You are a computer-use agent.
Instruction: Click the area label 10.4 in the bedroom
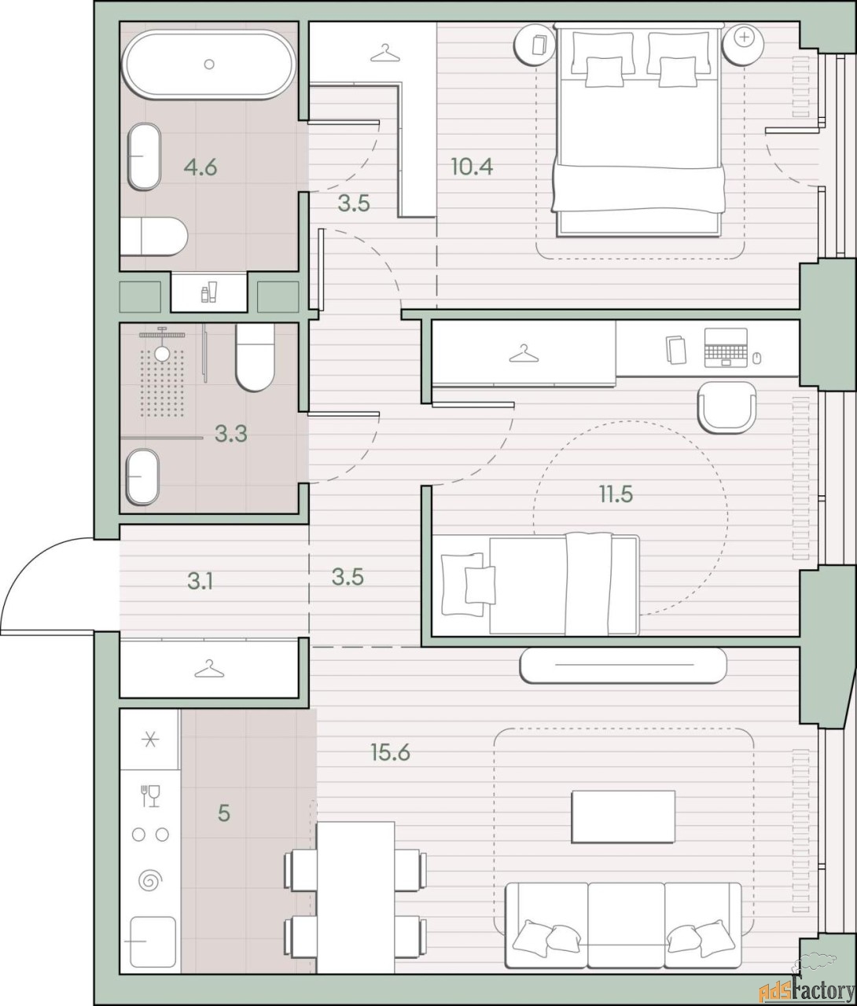pyautogui.click(x=472, y=167)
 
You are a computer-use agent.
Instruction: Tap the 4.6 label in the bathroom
pyautogui.click(x=200, y=167)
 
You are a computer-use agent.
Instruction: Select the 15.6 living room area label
pyautogui.click(x=391, y=752)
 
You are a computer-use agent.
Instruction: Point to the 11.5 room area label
pyautogui.click(x=616, y=494)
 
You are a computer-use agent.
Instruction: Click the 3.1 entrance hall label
pyautogui.click(x=200, y=581)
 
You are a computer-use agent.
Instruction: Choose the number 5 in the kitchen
pyautogui.click(x=223, y=813)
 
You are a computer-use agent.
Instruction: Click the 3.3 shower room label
pyautogui.click(x=231, y=434)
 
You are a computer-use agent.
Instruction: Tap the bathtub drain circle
pyautogui.click(x=209, y=64)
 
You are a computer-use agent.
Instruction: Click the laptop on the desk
pyautogui.click(x=726, y=347)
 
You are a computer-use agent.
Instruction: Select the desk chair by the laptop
pyautogui.click(x=726, y=407)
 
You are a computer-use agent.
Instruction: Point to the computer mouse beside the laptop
pyautogui.click(x=756, y=358)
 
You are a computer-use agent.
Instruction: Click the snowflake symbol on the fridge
pyautogui.click(x=150, y=740)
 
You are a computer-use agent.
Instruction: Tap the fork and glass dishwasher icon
pyautogui.click(x=150, y=795)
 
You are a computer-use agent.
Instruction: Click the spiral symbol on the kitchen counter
pyautogui.click(x=150, y=880)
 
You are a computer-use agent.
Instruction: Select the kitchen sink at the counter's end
pyautogui.click(x=153, y=942)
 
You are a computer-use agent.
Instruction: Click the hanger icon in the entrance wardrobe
pyautogui.click(x=209, y=669)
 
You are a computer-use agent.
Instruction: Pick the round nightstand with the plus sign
pyautogui.click(x=743, y=44)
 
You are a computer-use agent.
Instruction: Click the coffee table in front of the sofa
pyautogui.click(x=623, y=824)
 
